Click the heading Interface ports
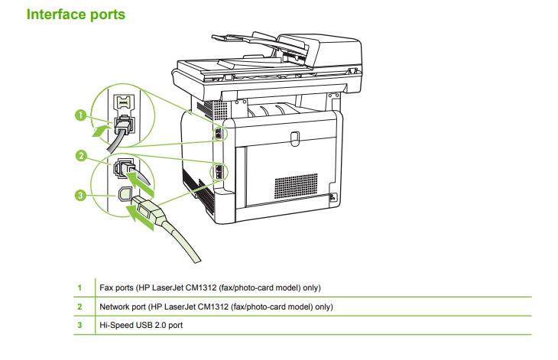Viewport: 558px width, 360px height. (x=76, y=14)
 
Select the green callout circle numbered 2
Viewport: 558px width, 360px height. (x=80, y=156)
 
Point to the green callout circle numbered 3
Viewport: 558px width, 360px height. (x=80, y=196)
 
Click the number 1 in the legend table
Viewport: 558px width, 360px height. (x=79, y=287)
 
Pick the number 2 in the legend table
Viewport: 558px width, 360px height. (x=79, y=306)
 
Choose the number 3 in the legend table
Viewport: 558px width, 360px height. (x=79, y=326)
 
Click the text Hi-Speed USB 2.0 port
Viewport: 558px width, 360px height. (x=141, y=326)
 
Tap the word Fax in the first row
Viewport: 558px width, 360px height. (x=107, y=287)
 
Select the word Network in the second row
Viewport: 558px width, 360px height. (x=116, y=306)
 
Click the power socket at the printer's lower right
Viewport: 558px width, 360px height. (x=331, y=197)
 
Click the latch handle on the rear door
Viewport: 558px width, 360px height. (x=296, y=138)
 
